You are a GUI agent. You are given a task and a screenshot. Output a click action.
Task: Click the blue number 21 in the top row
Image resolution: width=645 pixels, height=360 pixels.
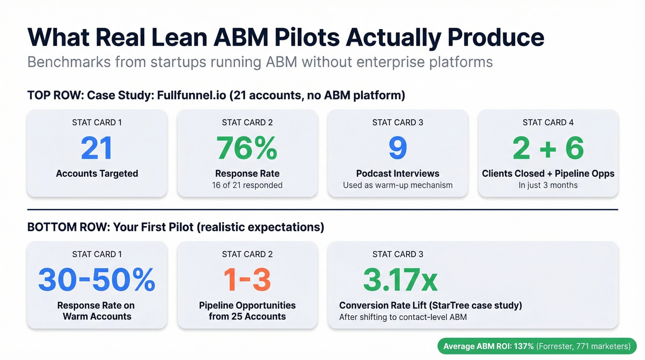[x=97, y=148]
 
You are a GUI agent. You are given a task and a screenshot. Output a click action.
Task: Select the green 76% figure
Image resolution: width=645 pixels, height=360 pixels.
[x=247, y=148]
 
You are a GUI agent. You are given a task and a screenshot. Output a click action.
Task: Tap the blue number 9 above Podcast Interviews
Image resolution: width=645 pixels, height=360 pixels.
[x=398, y=148]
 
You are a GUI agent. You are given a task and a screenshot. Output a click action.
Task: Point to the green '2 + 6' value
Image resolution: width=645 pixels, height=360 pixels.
[x=548, y=148]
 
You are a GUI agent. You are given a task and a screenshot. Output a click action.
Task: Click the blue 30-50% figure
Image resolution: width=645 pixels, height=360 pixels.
[x=97, y=280]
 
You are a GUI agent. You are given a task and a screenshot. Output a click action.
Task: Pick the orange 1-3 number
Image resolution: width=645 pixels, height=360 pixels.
[x=247, y=280]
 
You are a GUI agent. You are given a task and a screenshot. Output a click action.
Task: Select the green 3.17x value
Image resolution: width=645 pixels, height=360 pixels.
[x=400, y=280]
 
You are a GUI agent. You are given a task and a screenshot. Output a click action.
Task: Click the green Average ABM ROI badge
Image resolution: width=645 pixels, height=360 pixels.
[x=537, y=346]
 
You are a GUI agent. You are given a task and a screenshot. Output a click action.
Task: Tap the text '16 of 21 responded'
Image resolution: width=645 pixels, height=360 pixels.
[x=247, y=185]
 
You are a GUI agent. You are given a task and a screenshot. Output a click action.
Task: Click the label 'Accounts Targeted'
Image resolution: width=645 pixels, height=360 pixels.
[x=97, y=174]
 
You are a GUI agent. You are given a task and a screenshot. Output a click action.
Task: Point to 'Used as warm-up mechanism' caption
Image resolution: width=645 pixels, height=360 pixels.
[x=398, y=185]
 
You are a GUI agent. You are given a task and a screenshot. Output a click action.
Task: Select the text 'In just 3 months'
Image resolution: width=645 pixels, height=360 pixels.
[x=548, y=185]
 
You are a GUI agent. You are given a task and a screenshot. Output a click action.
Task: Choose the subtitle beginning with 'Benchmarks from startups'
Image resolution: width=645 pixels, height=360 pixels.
[x=260, y=62]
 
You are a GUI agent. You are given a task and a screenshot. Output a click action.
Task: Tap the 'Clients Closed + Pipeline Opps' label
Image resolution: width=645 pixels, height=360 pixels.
[x=548, y=174]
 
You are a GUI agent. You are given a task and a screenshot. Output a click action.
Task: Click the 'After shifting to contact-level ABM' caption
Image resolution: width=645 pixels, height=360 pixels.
[x=403, y=317]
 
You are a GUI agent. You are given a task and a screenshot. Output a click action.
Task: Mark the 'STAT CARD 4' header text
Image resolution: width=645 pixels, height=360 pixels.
[x=548, y=123]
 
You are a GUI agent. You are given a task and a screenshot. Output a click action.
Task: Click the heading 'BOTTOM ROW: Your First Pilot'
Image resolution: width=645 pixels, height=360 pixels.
[x=176, y=227]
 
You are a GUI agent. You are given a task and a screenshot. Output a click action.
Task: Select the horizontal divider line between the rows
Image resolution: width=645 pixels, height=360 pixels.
[x=322, y=210]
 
